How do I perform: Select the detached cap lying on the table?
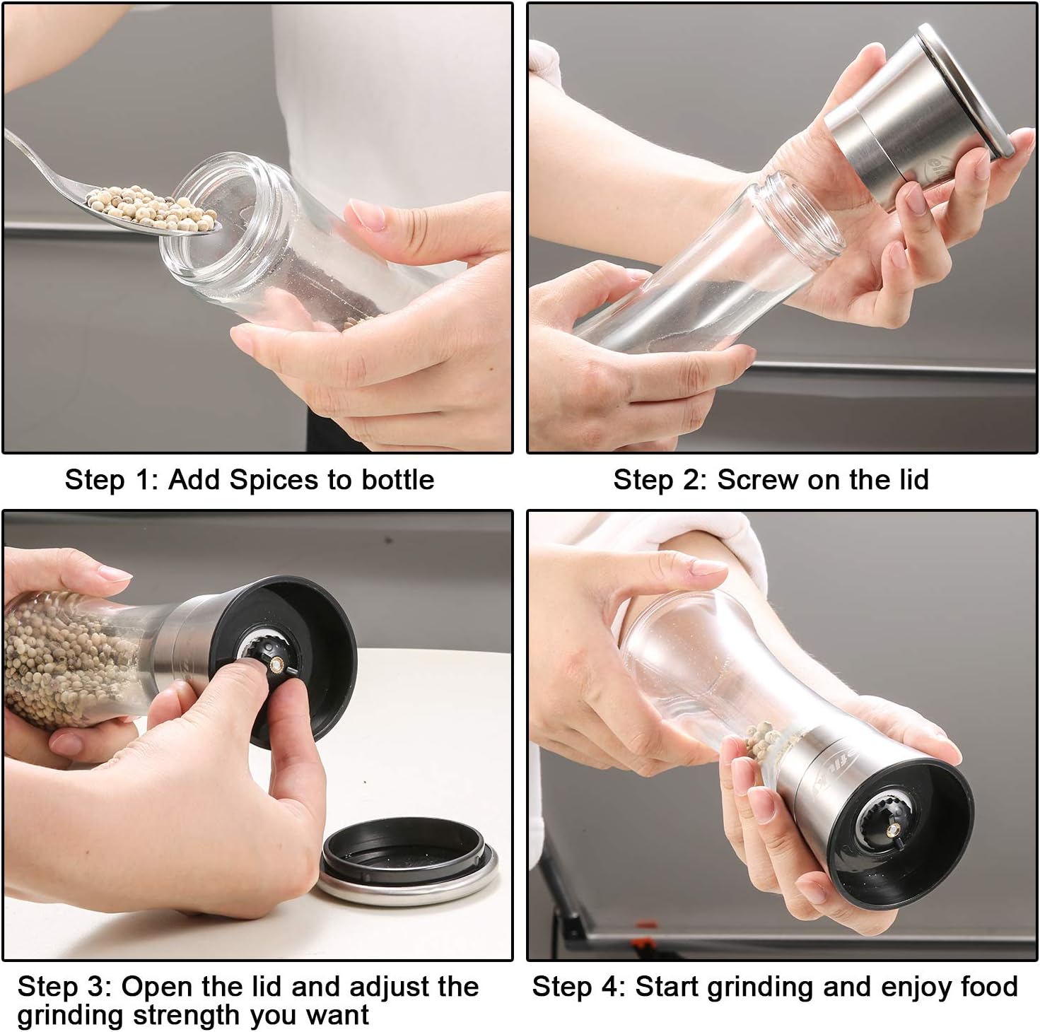tap(407, 862)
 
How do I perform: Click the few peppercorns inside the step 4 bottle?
tap(763, 738)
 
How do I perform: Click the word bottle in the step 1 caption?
tap(398, 480)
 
